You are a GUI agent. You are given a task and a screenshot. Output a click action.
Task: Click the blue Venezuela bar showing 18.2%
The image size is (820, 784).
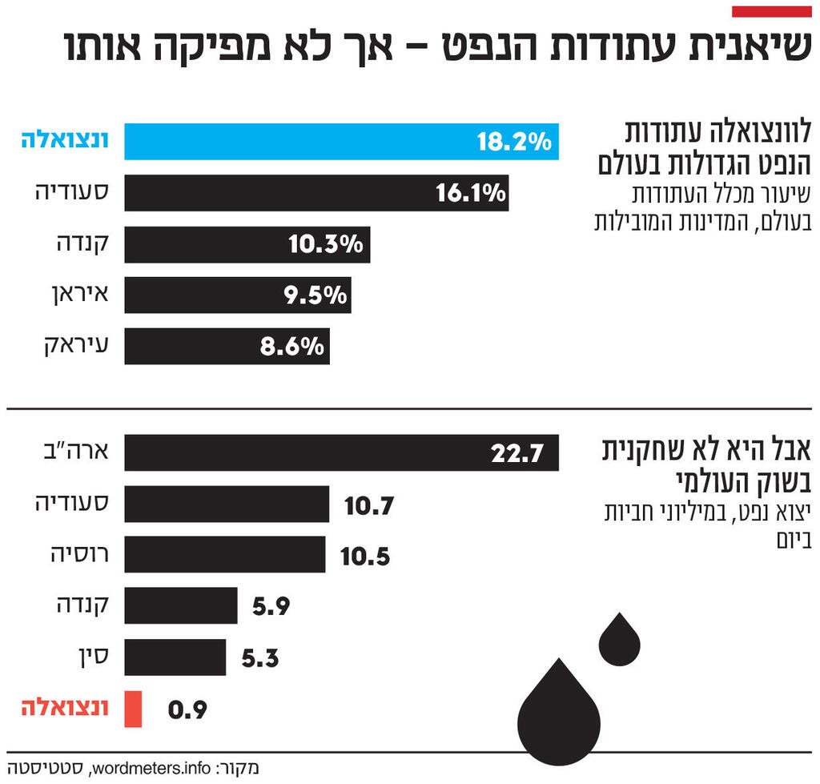341,142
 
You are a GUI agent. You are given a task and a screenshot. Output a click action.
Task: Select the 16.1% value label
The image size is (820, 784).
471,193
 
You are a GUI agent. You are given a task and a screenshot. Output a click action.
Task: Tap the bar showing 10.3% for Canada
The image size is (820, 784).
247,244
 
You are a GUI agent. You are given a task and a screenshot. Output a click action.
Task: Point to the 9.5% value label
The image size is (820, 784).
316,296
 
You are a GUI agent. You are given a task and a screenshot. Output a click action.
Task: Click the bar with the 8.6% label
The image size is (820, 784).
227,346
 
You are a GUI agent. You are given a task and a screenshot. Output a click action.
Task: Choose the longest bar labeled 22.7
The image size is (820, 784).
341,453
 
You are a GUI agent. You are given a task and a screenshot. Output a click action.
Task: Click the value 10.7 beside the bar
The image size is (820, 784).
369,505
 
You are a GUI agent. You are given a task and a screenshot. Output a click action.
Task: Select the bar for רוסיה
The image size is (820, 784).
225,555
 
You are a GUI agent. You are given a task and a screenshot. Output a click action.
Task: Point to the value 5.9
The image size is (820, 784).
271,607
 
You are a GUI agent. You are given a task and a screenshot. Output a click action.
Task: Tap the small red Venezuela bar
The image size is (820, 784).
133,710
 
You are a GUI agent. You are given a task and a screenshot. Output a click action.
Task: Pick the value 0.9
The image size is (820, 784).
187,710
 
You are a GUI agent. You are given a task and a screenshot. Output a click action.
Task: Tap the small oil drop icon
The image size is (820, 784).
620,641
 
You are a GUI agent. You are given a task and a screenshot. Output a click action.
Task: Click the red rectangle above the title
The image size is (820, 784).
772,11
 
